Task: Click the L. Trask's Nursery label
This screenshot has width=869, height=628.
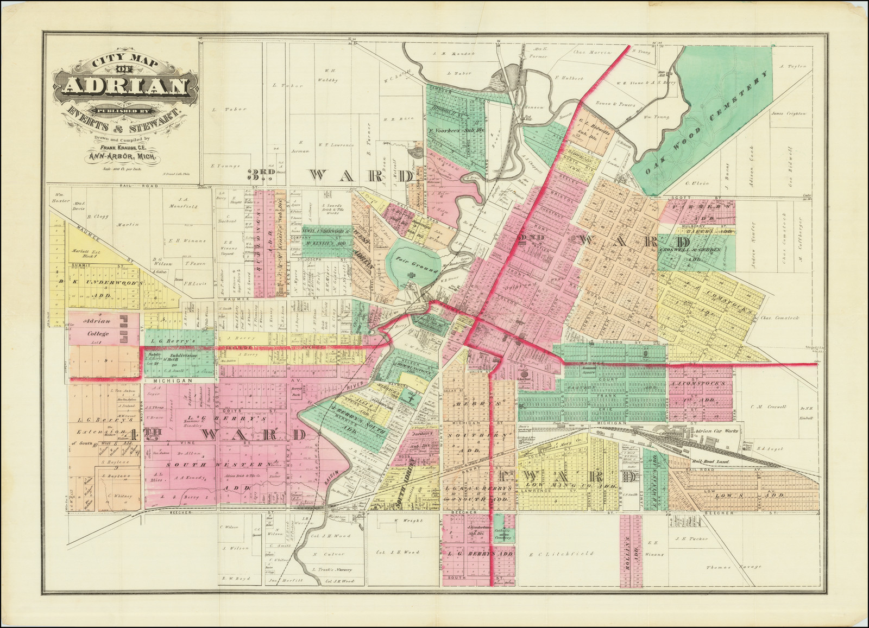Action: tap(333, 569)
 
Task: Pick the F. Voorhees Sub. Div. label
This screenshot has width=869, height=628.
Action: tap(455, 131)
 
